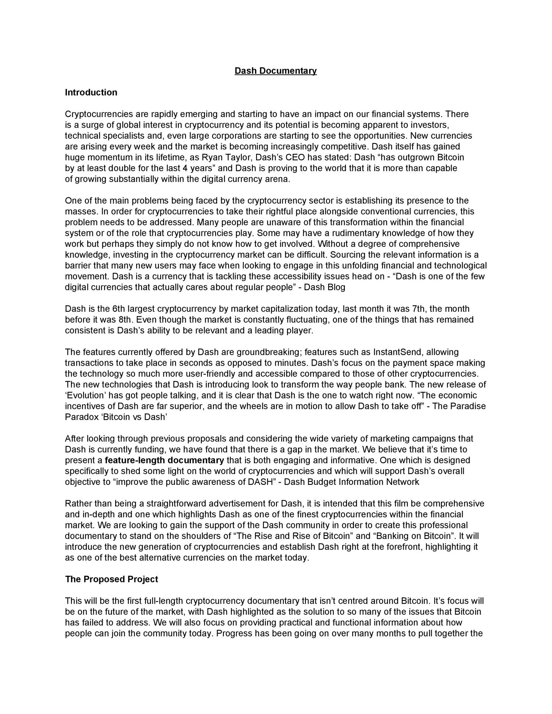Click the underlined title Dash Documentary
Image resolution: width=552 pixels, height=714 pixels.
click(276, 71)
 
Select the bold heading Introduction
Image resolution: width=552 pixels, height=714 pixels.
click(91, 92)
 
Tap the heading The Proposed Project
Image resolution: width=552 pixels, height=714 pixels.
click(112, 579)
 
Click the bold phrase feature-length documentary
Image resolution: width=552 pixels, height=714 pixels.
click(164, 460)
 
